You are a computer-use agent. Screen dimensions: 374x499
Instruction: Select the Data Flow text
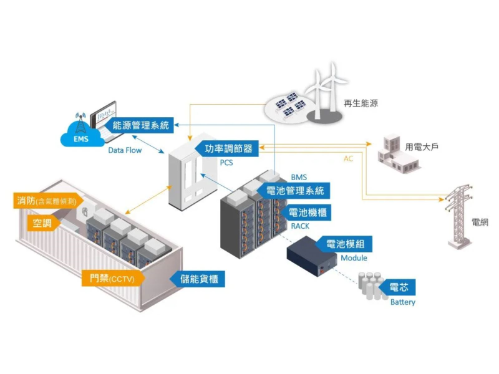coord(125,150)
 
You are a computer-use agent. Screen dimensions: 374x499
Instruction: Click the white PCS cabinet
coord(187,175)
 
